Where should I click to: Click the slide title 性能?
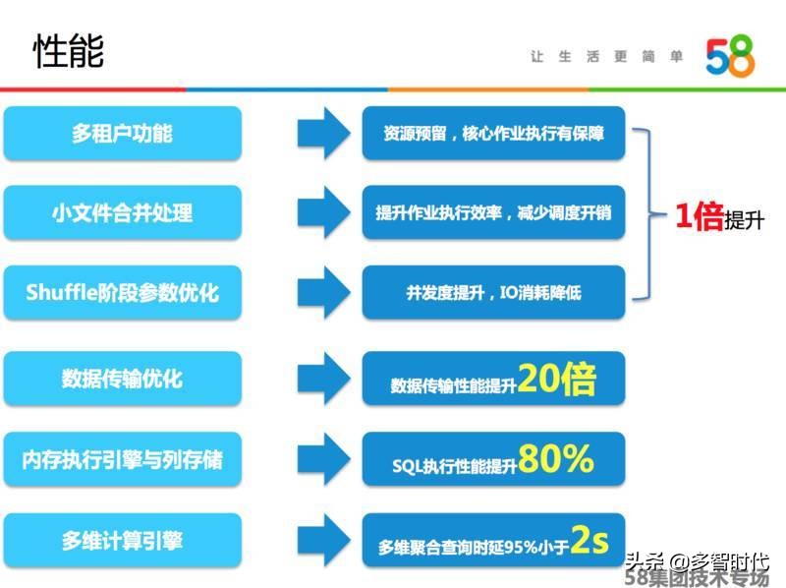coord(69,50)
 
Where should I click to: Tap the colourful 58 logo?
coord(730,58)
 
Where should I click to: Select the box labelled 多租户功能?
coord(122,133)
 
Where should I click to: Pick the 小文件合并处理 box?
coord(122,212)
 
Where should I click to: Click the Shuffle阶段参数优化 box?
coord(122,292)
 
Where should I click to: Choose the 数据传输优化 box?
coord(122,379)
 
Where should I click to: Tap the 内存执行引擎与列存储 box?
coord(122,459)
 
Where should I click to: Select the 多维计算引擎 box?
coord(122,540)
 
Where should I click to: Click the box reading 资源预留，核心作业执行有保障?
coord(492,133)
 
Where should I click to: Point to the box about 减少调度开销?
coord(492,212)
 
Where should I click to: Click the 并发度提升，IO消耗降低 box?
coord(492,292)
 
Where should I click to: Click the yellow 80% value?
coord(556,458)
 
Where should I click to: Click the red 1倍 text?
coord(699,217)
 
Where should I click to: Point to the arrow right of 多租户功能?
coord(323,133)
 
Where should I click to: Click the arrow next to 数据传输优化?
coord(323,379)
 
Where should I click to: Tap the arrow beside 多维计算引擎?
coord(323,540)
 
